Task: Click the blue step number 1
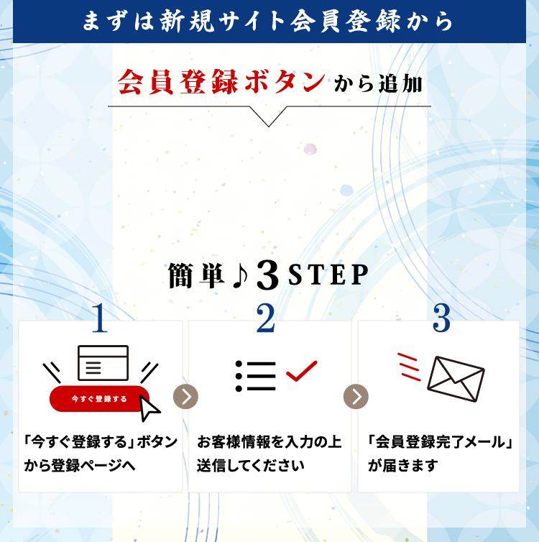click(100, 320)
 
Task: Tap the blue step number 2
click(266, 319)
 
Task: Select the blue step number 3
click(441, 319)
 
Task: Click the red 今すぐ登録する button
click(99, 398)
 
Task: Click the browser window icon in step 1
click(103, 363)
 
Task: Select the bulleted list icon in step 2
click(255, 376)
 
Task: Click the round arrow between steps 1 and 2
click(186, 396)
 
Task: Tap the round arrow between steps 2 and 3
click(356, 396)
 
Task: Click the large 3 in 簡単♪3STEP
click(267, 277)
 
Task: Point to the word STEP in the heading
click(328, 275)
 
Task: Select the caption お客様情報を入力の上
click(269, 441)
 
